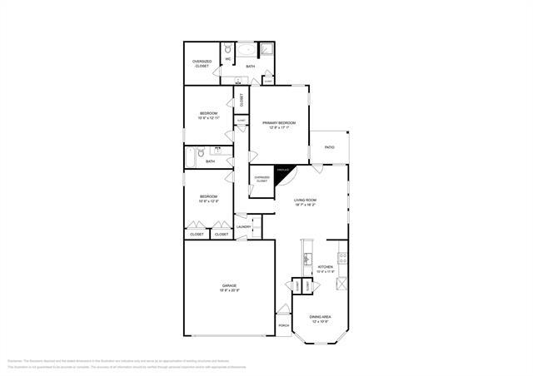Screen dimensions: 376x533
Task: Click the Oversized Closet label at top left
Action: tap(202, 63)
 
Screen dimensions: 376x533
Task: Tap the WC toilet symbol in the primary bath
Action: tap(228, 48)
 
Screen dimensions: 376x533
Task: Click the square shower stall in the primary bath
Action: tap(268, 50)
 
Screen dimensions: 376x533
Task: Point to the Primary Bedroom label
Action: tap(279, 123)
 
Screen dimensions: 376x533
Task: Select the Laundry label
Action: tap(243, 226)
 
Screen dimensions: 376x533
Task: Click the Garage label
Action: tap(229, 285)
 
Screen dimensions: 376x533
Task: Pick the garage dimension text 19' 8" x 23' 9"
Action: tap(229, 290)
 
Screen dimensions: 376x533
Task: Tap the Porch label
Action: tap(284, 325)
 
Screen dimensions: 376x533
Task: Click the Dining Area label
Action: tap(321, 317)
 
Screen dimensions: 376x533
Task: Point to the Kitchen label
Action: tap(325, 267)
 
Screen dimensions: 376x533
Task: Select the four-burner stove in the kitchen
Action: tap(341, 256)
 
